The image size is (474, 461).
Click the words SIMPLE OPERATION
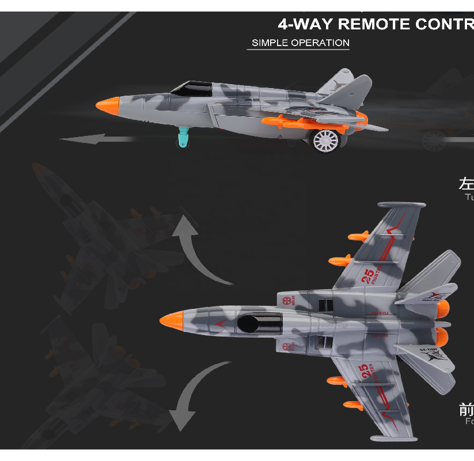point(301,43)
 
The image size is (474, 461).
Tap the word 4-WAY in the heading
point(305,24)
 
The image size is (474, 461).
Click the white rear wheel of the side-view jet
point(327,141)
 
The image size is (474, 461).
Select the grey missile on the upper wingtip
point(401,205)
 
